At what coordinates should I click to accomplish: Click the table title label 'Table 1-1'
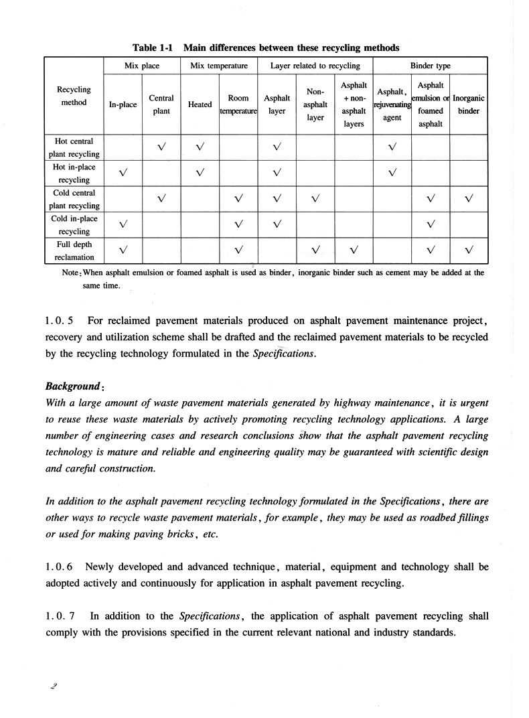tap(154, 48)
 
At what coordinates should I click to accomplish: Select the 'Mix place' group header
tap(141, 66)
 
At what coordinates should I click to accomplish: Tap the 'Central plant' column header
tap(161, 104)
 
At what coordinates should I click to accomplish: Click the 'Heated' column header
tap(200, 104)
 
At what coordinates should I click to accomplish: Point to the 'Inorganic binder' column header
tap(468, 104)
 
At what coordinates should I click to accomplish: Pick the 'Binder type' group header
tap(430, 66)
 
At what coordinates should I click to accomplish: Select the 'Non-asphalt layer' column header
tap(315, 104)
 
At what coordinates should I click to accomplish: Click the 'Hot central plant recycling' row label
tap(74, 147)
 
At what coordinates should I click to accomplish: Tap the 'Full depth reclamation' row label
tap(74, 250)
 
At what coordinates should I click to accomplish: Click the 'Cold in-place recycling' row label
tap(74, 224)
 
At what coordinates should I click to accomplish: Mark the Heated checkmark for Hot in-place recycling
tap(200, 173)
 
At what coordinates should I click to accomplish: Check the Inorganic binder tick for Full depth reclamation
tap(468, 250)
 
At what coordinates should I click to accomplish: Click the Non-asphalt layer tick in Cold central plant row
tap(315, 198)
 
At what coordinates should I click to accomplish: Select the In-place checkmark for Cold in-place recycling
tap(123, 224)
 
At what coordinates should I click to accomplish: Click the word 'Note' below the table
tap(72, 273)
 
